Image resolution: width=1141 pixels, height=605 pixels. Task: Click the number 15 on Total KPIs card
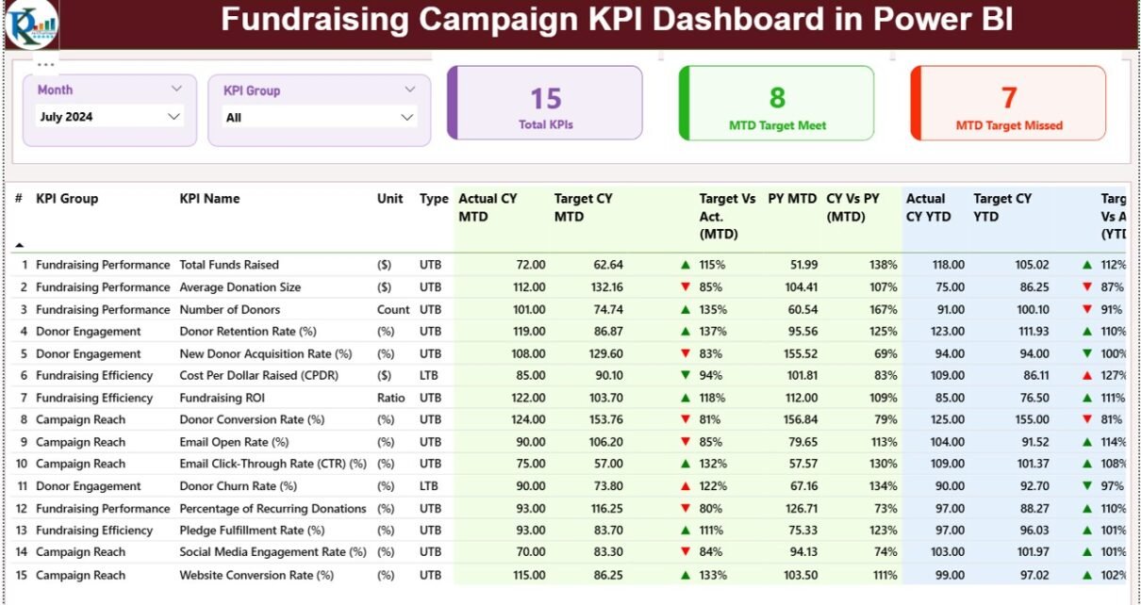(545, 98)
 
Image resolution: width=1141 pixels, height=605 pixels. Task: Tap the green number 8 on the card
(777, 98)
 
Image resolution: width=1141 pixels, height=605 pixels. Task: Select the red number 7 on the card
(1009, 98)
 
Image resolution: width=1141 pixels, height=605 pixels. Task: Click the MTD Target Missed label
(1009, 125)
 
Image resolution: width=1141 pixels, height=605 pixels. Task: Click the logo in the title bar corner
(30, 24)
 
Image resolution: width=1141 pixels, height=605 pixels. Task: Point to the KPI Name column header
(209, 199)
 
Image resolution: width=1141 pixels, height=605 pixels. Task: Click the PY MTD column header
(792, 199)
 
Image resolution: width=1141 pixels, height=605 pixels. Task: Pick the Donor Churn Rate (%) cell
(238, 486)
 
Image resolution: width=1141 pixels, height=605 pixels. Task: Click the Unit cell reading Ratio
(390, 398)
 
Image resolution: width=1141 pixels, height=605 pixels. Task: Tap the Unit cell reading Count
(393, 309)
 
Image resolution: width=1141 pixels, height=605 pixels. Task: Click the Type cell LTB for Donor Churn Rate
(430, 486)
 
